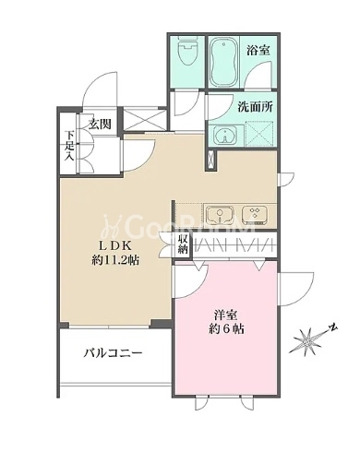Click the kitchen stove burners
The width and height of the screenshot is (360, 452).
pos(258,215)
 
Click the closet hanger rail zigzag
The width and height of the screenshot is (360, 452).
pos(234,245)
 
